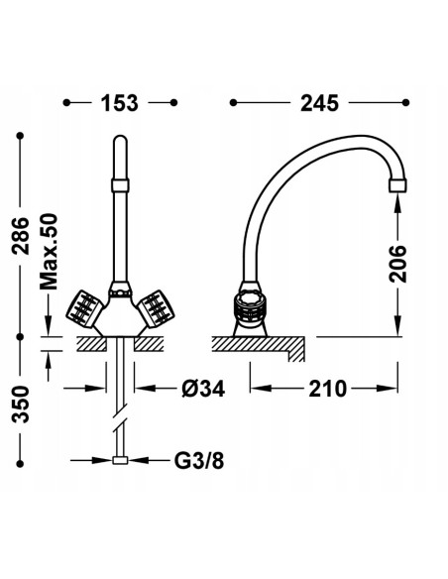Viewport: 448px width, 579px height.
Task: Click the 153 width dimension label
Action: point(120,103)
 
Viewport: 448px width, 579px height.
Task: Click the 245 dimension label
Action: point(319,103)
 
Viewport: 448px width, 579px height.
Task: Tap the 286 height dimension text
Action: point(20,236)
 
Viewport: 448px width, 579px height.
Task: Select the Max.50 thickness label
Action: point(49,252)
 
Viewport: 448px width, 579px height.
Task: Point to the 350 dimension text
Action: point(20,404)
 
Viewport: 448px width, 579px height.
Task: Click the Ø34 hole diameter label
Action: point(203,389)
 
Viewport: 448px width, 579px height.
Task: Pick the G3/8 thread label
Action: point(199,460)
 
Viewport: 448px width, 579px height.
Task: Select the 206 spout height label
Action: point(397,264)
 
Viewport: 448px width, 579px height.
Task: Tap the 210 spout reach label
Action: point(328,389)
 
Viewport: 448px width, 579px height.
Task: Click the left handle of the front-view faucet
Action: point(84,308)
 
